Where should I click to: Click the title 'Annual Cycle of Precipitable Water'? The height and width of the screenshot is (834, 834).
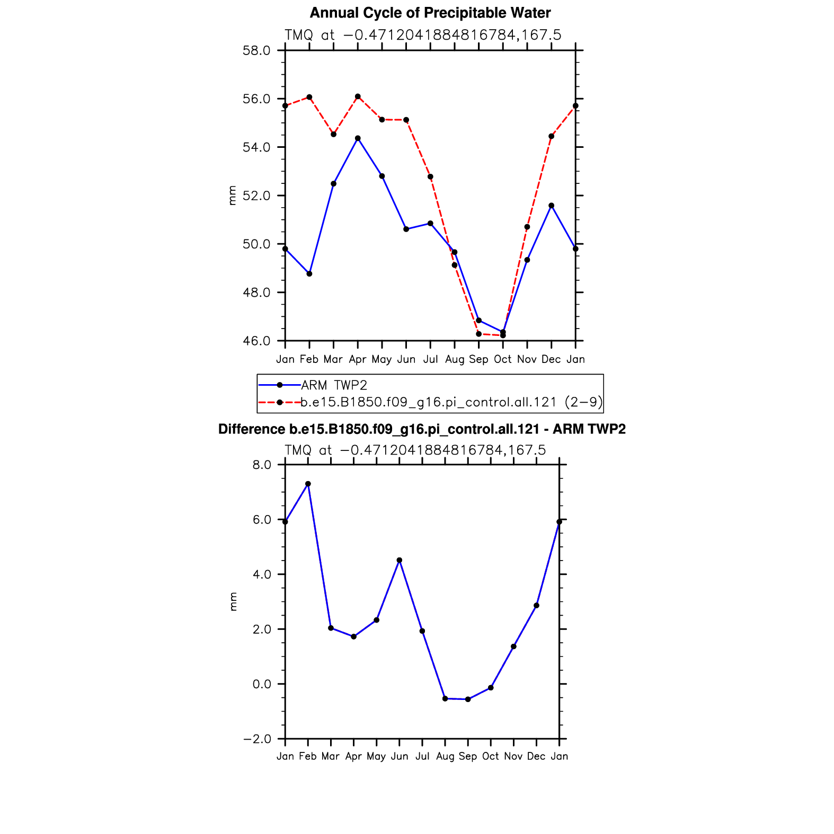click(430, 13)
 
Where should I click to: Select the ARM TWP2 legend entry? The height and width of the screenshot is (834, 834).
click(334, 385)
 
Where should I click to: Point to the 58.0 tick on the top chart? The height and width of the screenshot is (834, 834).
click(256, 51)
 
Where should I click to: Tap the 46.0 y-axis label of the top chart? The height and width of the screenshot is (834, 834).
click(256, 341)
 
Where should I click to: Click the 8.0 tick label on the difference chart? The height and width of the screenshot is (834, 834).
click(262, 465)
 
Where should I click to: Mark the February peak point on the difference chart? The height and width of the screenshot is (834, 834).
click(308, 484)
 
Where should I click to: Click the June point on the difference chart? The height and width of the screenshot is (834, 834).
click(400, 560)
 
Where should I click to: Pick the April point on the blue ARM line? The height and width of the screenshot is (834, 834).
click(358, 138)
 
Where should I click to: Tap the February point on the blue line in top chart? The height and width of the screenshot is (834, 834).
click(309, 274)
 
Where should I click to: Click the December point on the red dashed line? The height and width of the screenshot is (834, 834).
click(551, 136)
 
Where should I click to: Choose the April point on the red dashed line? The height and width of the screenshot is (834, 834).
click(358, 96)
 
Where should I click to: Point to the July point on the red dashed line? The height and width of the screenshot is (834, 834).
click(430, 176)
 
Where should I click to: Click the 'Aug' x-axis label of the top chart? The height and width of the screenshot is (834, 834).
click(455, 359)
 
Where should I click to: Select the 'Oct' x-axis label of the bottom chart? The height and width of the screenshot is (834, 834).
click(491, 756)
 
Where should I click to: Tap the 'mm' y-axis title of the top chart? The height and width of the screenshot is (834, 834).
click(232, 196)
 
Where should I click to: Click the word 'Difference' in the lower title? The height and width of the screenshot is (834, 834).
click(244, 429)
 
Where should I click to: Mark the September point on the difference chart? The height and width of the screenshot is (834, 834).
click(468, 699)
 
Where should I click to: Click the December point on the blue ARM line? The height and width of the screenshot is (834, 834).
click(551, 206)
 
